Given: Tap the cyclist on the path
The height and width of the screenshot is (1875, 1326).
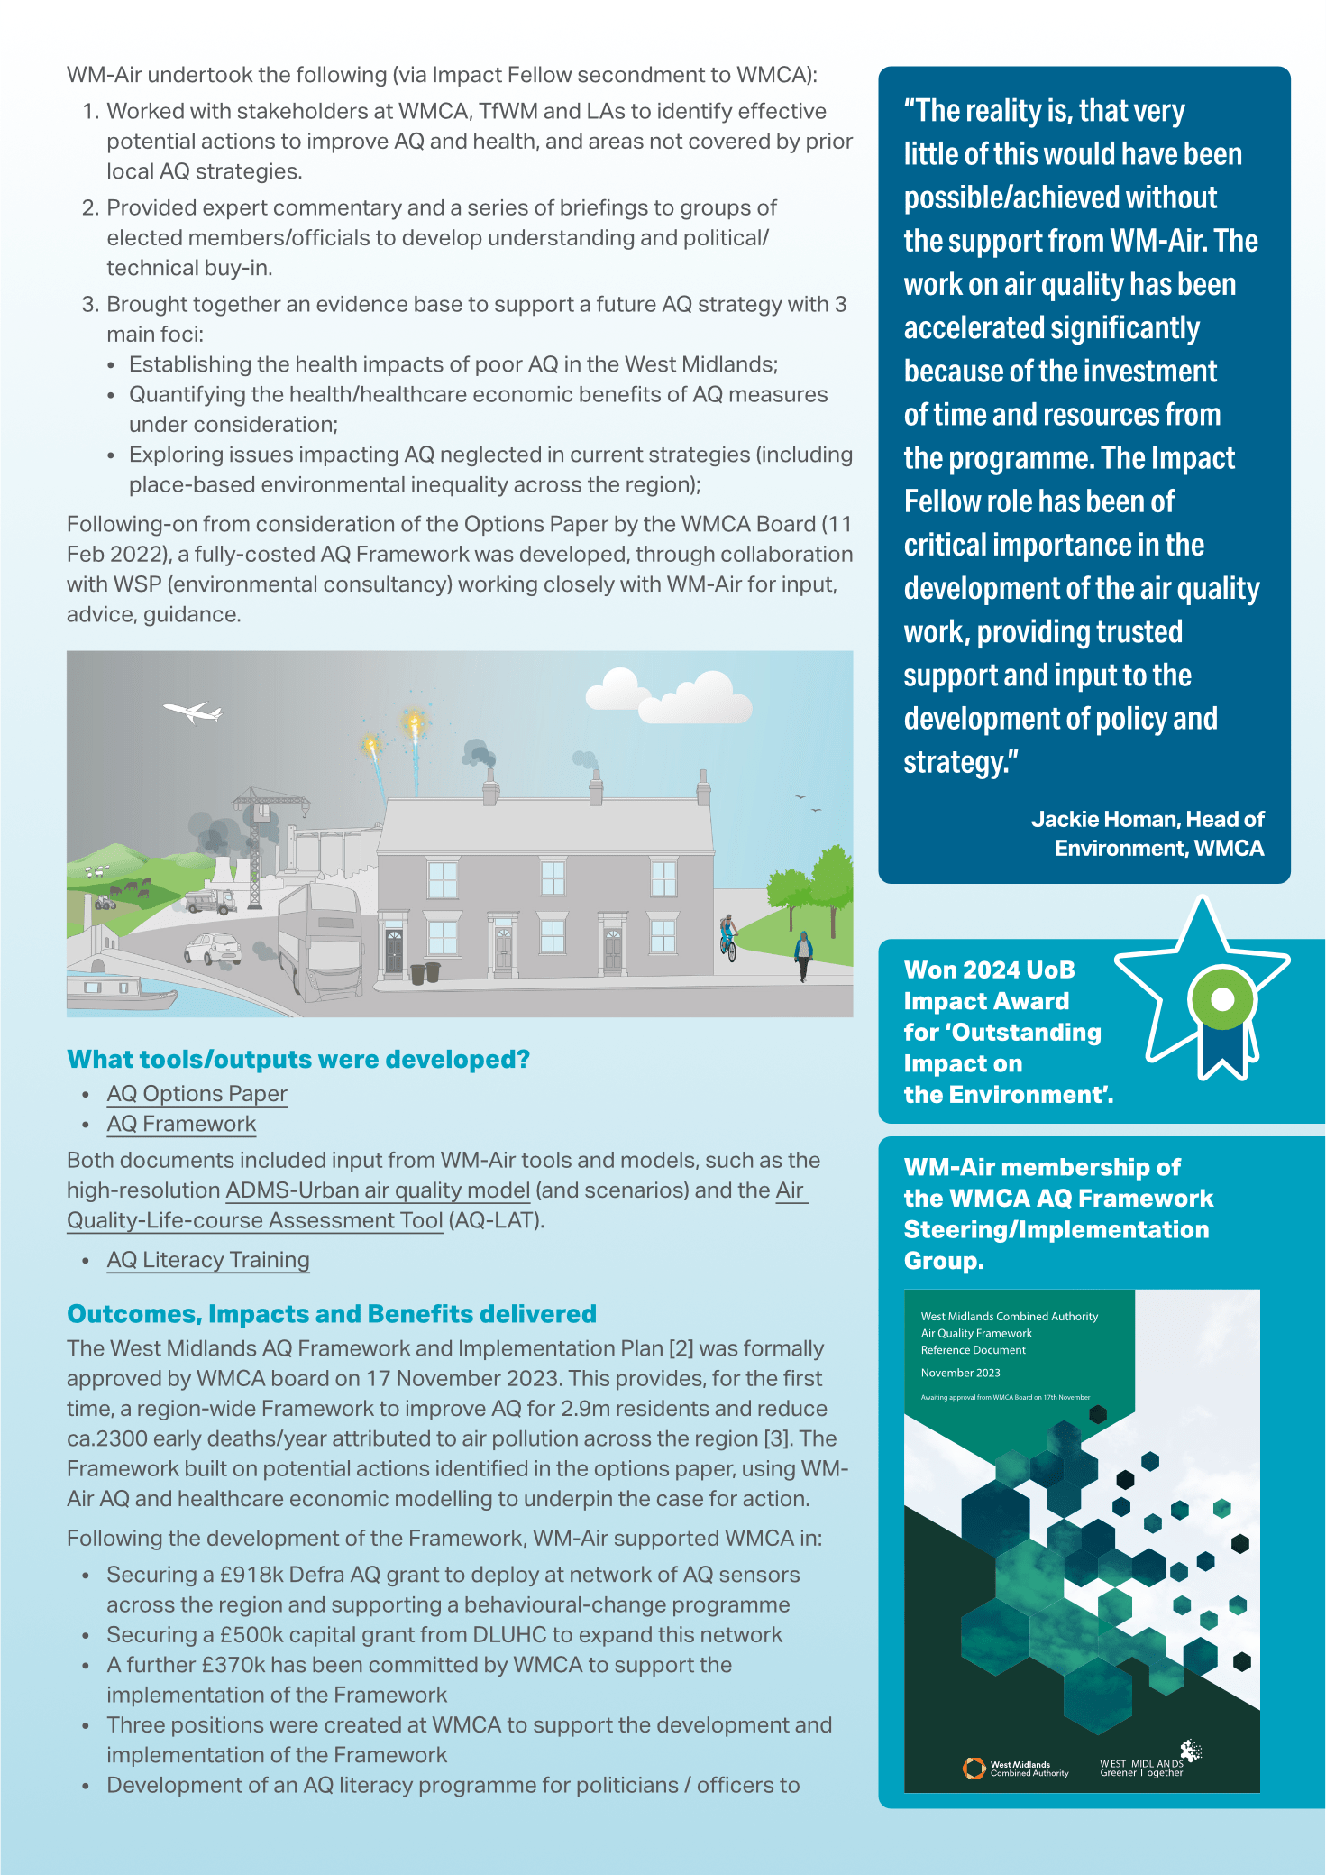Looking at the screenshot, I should click(x=728, y=936).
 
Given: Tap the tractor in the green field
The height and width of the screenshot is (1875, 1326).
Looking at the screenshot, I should click(x=105, y=901).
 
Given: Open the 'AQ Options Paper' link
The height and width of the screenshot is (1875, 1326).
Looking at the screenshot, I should click(x=197, y=1094).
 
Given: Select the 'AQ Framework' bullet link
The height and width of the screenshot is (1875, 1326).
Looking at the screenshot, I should click(x=181, y=1125).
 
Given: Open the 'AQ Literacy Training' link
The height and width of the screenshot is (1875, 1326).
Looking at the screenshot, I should click(x=208, y=1260).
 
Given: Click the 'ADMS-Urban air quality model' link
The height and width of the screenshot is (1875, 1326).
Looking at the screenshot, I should click(x=378, y=1190).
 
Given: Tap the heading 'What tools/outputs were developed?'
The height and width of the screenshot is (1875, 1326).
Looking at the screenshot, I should click(x=298, y=1060).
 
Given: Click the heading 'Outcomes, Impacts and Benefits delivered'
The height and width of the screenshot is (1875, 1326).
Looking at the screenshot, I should click(x=332, y=1314).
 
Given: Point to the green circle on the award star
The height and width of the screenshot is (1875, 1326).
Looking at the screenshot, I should click(x=1222, y=998).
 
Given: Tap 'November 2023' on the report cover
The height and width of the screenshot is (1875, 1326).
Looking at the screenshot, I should click(x=960, y=1373).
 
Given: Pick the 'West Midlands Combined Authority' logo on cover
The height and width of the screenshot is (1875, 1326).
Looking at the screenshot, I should click(x=1015, y=1769).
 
